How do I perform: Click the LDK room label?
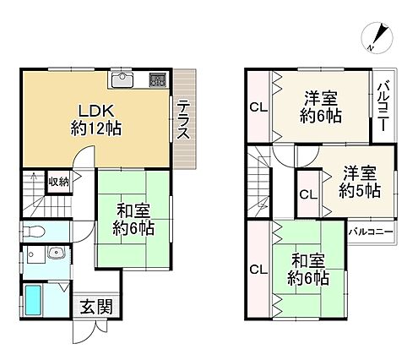click(96, 111)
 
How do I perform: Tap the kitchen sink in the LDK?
click(122, 79)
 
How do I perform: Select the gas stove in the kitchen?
click(158, 79)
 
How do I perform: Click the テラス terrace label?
click(183, 120)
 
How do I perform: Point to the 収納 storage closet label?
click(59, 182)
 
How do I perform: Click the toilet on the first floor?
click(33, 232)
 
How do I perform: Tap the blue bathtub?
click(33, 300)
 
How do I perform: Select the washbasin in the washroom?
click(57, 252)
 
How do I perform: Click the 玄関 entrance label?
click(96, 307)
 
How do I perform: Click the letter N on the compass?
click(371, 48)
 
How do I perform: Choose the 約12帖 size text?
click(96, 128)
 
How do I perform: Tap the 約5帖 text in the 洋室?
click(360, 190)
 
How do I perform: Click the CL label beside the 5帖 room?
click(308, 194)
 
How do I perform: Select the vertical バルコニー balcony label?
click(384, 106)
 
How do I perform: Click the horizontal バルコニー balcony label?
click(371, 232)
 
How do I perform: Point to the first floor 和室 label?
click(133, 211)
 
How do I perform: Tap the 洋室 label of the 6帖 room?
click(321, 99)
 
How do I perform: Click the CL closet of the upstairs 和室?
click(258, 270)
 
